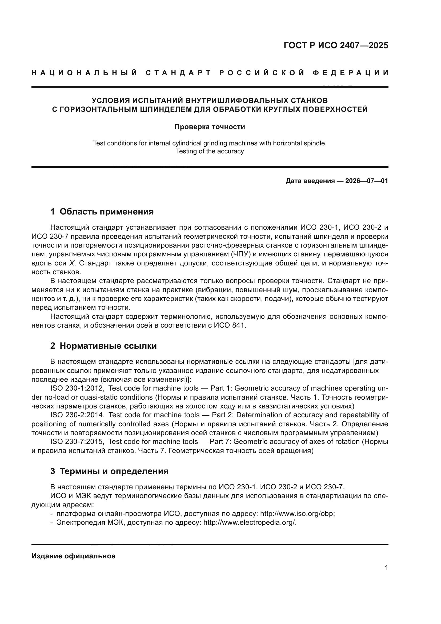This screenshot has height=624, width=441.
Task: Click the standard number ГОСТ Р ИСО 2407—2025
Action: [336, 45]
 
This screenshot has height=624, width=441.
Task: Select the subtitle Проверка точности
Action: [210, 127]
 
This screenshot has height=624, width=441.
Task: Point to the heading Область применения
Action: [106, 212]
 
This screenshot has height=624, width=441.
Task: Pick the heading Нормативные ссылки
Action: [108, 346]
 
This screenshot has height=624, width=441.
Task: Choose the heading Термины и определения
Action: [114, 471]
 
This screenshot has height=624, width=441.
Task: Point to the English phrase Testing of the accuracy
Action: [210, 151]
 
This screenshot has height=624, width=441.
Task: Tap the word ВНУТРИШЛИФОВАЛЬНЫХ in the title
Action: [234, 101]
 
